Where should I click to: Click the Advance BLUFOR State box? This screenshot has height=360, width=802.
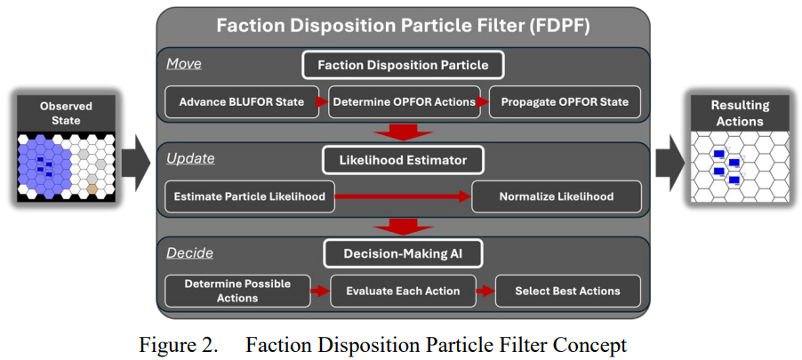(x=242, y=102)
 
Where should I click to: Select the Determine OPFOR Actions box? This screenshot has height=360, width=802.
(x=404, y=102)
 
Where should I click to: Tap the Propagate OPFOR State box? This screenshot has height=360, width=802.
(x=564, y=102)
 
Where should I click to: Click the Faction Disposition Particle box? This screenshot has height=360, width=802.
(x=402, y=65)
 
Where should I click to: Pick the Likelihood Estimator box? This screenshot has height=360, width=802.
(x=402, y=160)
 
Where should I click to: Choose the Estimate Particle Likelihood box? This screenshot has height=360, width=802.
(x=250, y=196)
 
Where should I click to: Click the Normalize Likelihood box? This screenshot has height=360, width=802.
(x=556, y=196)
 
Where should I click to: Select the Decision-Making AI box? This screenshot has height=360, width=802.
(x=402, y=254)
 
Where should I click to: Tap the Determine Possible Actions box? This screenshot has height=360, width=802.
(x=238, y=291)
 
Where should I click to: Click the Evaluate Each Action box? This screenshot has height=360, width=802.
(x=404, y=291)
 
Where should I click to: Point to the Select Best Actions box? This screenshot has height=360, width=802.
(x=567, y=291)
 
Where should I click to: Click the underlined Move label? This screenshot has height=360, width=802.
(x=184, y=64)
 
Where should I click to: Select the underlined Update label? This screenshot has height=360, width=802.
(x=190, y=158)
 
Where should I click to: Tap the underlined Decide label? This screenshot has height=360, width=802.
(x=189, y=253)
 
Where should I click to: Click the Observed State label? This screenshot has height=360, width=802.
(x=66, y=112)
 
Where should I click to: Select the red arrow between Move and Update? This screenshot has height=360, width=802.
(x=402, y=132)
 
